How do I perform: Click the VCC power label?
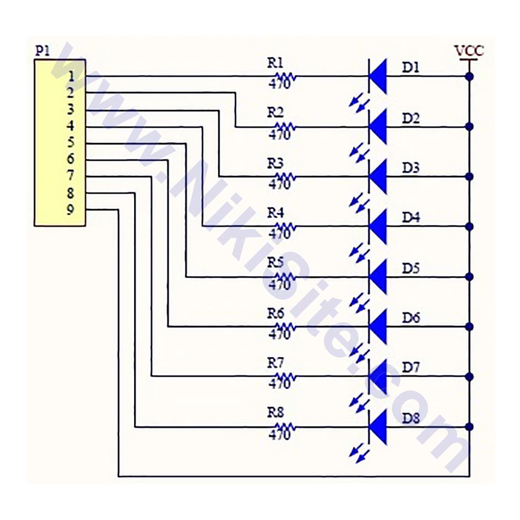click(x=469, y=51)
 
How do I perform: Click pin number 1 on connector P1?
click(x=71, y=76)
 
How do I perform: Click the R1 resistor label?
click(x=275, y=63)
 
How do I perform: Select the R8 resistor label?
click(x=275, y=413)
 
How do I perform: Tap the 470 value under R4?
click(x=279, y=234)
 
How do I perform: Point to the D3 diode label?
click(x=411, y=168)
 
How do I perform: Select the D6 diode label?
click(x=411, y=318)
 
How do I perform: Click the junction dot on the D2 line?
click(x=469, y=126)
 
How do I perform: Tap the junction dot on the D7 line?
click(x=469, y=376)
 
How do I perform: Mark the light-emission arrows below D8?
click(x=359, y=453)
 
